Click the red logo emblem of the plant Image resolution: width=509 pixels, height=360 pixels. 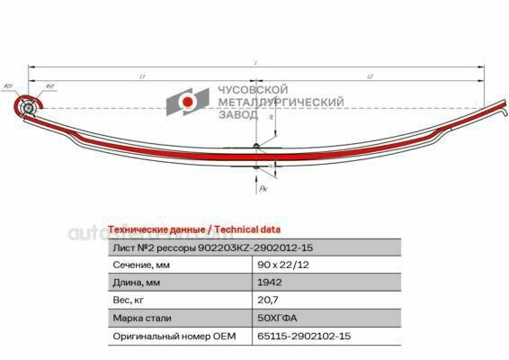(x=186, y=103)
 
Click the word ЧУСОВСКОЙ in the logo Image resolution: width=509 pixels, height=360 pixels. (x=253, y=91)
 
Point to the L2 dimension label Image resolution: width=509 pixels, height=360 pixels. (x=371, y=77)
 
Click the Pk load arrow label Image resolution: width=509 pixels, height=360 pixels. (x=262, y=189)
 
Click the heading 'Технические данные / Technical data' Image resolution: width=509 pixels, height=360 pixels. (x=193, y=229)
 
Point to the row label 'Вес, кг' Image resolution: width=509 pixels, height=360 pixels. (x=131, y=301)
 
